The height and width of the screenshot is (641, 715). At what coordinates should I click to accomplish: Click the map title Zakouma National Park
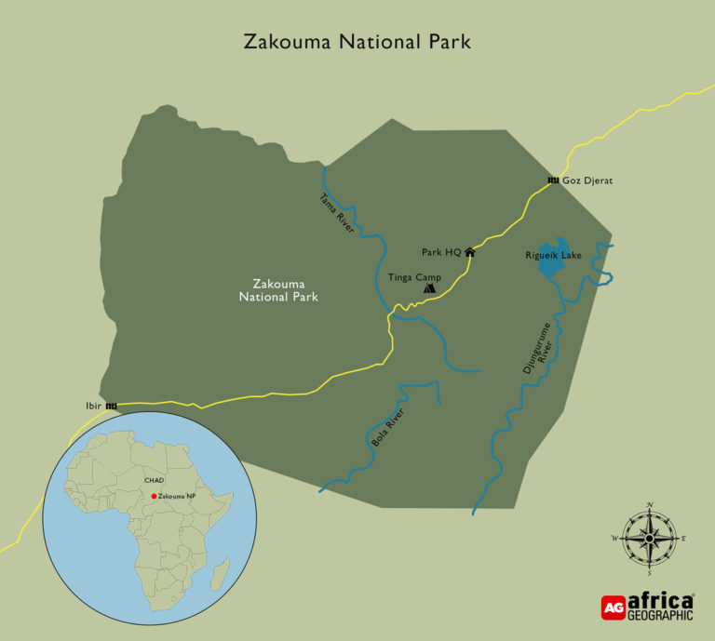pyautogui.click(x=357, y=43)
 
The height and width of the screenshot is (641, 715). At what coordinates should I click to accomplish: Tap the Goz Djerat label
pyautogui.click(x=588, y=180)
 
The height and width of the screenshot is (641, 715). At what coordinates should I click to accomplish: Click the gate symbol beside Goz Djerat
pyautogui.click(x=553, y=180)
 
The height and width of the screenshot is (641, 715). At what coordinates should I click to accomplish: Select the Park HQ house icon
pyautogui.click(x=470, y=251)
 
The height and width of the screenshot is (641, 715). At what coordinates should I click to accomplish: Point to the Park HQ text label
pyautogui.click(x=441, y=252)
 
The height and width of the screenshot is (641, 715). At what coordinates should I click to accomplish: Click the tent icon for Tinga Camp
pyautogui.click(x=429, y=288)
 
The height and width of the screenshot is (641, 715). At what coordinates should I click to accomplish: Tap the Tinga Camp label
pyautogui.click(x=414, y=276)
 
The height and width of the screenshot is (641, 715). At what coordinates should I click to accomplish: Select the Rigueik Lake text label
pyautogui.click(x=553, y=255)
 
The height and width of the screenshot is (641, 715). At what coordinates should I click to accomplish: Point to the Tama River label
pyautogui.click(x=338, y=212)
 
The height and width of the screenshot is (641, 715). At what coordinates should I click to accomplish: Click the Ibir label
pyautogui.click(x=90, y=406)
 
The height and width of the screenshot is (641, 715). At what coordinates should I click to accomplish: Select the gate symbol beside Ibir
pyautogui.click(x=112, y=406)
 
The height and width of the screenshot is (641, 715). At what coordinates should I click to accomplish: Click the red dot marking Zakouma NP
pyautogui.click(x=154, y=497)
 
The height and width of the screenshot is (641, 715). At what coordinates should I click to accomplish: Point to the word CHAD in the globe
pyautogui.click(x=154, y=481)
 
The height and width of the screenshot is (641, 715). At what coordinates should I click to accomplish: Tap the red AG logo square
pyautogui.click(x=613, y=608)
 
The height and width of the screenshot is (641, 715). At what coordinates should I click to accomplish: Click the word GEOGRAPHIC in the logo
pyautogui.click(x=660, y=615)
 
